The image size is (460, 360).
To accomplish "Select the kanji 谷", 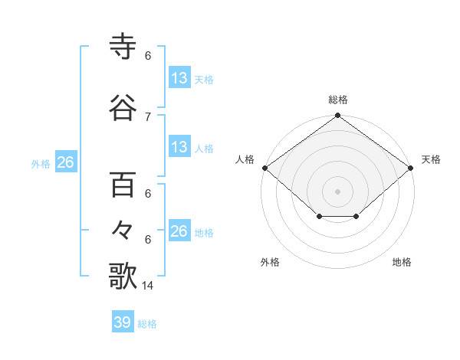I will tap(123, 109).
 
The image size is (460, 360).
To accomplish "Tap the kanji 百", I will tap(123, 186).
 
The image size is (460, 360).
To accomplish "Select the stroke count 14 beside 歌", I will tap(149, 286).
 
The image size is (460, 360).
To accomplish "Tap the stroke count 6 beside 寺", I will tap(148, 56).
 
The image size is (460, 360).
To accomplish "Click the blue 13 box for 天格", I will tap(179, 78).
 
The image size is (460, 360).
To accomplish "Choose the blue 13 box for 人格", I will tap(179, 147).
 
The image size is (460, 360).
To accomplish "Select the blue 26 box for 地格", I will tap(179, 231).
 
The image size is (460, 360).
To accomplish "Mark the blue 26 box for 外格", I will tap(65, 162).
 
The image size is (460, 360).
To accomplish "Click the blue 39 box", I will tap(123, 322).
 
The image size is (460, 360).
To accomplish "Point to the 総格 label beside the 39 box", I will tap(147, 324).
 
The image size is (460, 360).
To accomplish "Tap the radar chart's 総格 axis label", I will tap(338, 100).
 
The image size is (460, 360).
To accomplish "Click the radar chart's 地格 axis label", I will tap(402, 263).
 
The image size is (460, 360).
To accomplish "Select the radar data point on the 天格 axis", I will tap(411, 168).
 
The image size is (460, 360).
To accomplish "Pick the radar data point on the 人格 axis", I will tap(264, 168).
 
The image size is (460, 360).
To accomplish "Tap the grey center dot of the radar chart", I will tap(338, 191).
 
